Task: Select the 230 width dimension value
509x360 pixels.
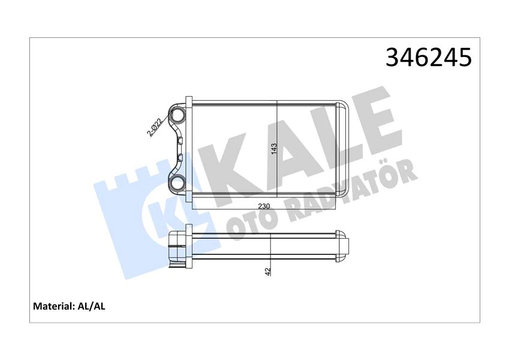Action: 264,206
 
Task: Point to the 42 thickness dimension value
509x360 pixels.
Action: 269,271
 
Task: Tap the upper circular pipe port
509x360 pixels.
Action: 178,115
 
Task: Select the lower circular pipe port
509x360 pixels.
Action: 178,184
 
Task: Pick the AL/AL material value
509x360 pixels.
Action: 92,307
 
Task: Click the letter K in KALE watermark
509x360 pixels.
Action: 222,168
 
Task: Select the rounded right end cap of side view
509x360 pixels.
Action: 342,245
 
